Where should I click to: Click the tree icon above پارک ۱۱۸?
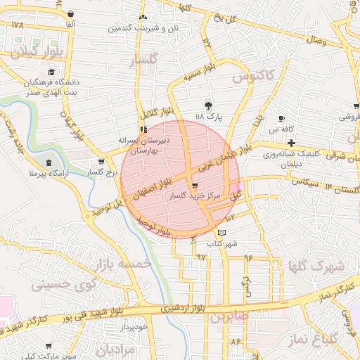[x=207, y=105]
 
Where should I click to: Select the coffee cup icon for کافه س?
[x=282, y=118]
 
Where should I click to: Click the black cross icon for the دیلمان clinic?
[x=290, y=142]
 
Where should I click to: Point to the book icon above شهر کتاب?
[x=223, y=232]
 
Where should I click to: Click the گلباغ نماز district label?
[x=311, y=339]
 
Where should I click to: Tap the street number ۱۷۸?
[x=18, y=25]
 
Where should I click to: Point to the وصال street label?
[x=315, y=41]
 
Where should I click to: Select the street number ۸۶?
[x=234, y=342]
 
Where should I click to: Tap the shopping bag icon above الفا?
[x=71, y=15]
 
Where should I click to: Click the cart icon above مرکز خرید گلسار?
[x=195, y=186]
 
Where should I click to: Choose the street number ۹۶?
[x=248, y=257]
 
